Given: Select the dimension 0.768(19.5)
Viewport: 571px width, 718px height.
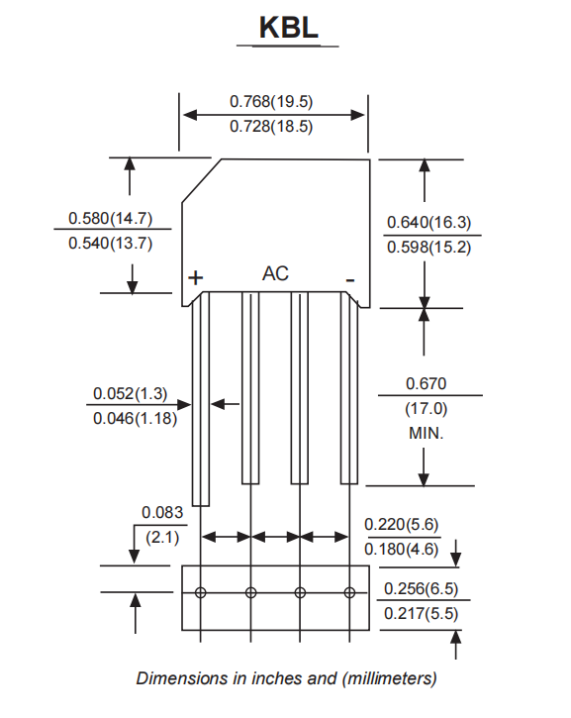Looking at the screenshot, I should [271, 101].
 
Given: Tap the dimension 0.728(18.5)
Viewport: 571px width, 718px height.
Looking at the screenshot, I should [271, 127].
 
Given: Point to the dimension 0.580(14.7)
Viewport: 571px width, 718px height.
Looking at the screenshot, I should [110, 218].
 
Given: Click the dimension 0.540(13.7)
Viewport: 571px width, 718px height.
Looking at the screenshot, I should [110, 244].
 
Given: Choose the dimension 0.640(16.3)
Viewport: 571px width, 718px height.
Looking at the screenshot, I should [428, 222].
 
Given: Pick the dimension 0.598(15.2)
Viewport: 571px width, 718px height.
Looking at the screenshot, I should [428, 248].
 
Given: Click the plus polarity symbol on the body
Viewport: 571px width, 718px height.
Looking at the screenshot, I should [196, 278].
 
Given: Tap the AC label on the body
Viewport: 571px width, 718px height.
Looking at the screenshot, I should [275, 273].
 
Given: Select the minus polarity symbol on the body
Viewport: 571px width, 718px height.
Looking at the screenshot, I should [349, 280].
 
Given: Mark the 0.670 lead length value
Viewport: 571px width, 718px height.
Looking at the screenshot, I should [427, 383].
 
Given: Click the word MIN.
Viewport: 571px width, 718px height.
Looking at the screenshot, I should [427, 434].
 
